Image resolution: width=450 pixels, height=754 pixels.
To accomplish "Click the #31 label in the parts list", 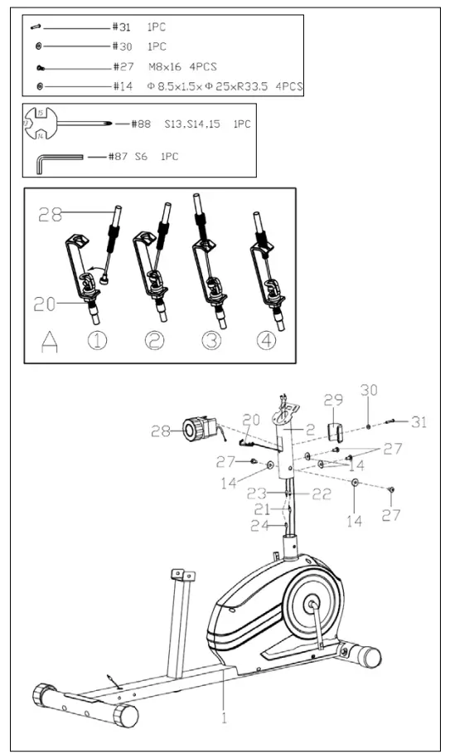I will coord(121,27).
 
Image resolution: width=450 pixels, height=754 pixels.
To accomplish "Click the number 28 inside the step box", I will coord(51,216).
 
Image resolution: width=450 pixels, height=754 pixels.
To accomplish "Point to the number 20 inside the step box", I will coord(46,304).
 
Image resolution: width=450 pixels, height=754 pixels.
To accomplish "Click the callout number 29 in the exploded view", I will coord(333,401).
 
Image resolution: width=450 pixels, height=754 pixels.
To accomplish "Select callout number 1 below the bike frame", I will coord(223,718).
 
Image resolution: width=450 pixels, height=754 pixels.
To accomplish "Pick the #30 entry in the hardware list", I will coord(121,46).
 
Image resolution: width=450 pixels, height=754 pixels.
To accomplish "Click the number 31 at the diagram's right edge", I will coord(419,422).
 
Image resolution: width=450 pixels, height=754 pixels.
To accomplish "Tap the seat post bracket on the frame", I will coord(182,575).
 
